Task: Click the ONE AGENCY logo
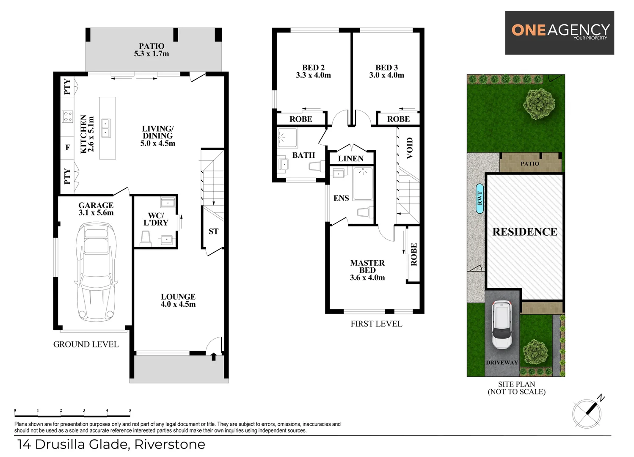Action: pyautogui.click(x=560, y=32)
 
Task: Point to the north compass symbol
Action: pyautogui.click(x=587, y=413)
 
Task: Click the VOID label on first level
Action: pyautogui.click(x=409, y=148)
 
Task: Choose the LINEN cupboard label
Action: pyautogui.click(x=350, y=159)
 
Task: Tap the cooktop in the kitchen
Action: pyautogui.click(x=68, y=116)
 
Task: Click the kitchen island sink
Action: pyautogui.click(x=105, y=128)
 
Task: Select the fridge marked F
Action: pyautogui.click(x=68, y=148)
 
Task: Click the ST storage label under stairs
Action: pyautogui.click(x=213, y=231)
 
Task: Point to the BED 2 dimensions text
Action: pyautogui.click(x=313, y=75)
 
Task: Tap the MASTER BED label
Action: pyautogui.click(x=367, y=266)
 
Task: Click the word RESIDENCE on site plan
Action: pyautogui.click(x=525, y=232)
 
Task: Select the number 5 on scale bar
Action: pyautogui.click(x=130, y=410)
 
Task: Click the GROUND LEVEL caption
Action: pyautogui.click(x=86, y=344)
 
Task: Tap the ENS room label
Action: pyautogui.click(x=341, y=198)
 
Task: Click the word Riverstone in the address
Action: pyautogui.click(x=170, y=444)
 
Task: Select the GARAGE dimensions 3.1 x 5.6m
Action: pyautogui.click(x=96, y=213)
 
